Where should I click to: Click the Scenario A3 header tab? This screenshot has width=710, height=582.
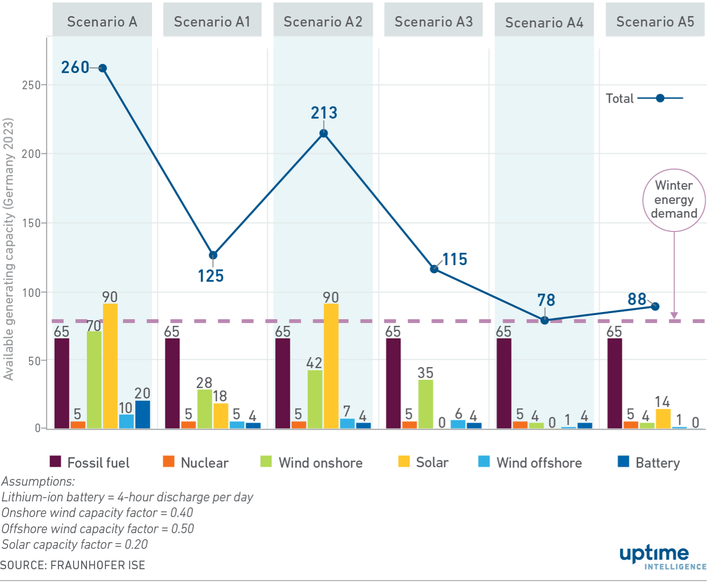(433, 22)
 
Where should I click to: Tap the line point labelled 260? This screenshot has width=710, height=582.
(102, 68)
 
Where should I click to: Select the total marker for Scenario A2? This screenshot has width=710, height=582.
(323, 134)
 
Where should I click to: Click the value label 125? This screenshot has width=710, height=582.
(211, 276)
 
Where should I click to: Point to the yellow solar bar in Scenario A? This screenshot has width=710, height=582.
(110, 366)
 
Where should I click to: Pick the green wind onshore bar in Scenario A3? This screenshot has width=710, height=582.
(426, 404)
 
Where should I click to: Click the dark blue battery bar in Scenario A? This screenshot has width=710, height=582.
(142, 414)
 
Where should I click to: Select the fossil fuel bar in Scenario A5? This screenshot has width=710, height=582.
(615, 383)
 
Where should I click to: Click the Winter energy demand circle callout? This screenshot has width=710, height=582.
(674, 200)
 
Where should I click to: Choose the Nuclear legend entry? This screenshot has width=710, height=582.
(196, 462)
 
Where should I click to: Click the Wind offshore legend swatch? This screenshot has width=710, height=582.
(484, 461)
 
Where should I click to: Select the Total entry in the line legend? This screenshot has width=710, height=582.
(644, 98)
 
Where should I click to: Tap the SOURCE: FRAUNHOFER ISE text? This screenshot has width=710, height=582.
(73, 565)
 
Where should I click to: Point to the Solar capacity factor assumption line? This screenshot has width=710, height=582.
(75, 544)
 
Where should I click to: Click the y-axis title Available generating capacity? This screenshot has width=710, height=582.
(9, 249)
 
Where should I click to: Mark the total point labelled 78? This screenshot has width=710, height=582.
(545, 320)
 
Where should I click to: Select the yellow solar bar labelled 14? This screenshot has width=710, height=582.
(663, 418)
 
